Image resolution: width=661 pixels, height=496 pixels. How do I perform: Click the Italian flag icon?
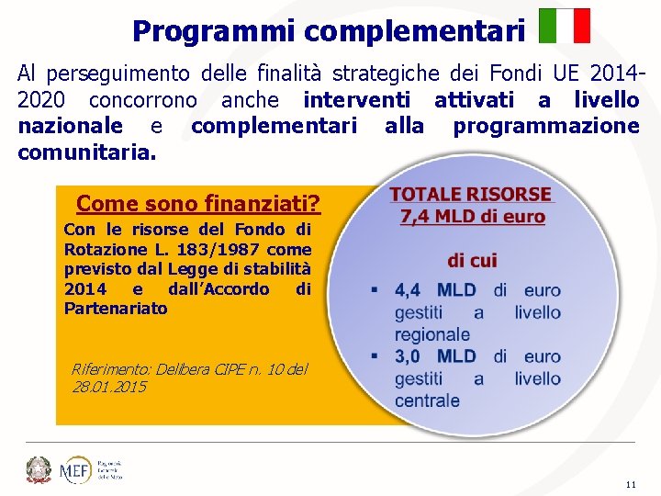565,26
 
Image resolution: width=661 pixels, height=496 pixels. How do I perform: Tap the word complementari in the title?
415,31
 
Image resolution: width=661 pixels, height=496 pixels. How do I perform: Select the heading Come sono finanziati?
198,202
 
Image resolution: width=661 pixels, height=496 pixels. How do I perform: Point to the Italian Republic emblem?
39,468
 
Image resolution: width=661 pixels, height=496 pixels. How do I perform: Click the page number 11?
630,484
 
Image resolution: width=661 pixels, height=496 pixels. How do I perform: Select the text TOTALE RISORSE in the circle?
471,195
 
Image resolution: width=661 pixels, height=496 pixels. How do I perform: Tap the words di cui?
472,261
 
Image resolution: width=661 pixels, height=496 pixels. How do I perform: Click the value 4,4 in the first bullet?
408,290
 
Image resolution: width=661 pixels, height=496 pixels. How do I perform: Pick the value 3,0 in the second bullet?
408,356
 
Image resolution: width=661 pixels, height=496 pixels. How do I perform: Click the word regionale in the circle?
431,334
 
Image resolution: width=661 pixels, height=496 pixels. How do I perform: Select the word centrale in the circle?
427,400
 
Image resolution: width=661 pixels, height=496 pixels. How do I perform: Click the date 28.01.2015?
109,387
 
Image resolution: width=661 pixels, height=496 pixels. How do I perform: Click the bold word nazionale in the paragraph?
70,126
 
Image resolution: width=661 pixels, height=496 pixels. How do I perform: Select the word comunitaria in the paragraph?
85,152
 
